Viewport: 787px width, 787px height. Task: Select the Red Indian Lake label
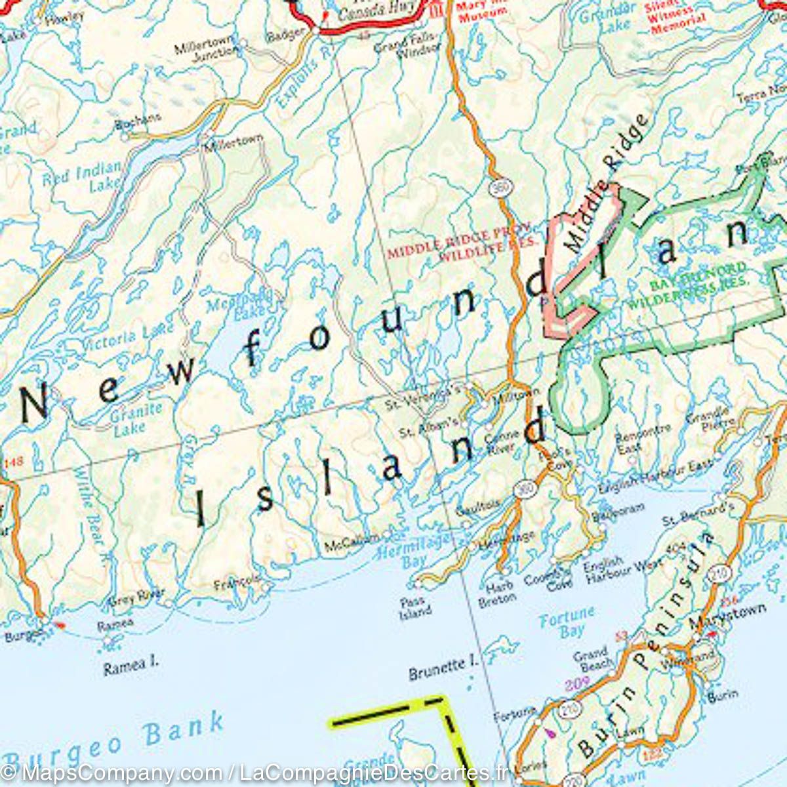click(x=83, y=177)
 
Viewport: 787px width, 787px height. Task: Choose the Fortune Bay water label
click(x=567, y=621)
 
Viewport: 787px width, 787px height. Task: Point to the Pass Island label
click(x=414, y=607)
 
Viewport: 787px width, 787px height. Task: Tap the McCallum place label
click(x=352, y=542)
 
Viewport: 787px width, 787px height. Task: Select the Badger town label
click(x=285, y=32)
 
